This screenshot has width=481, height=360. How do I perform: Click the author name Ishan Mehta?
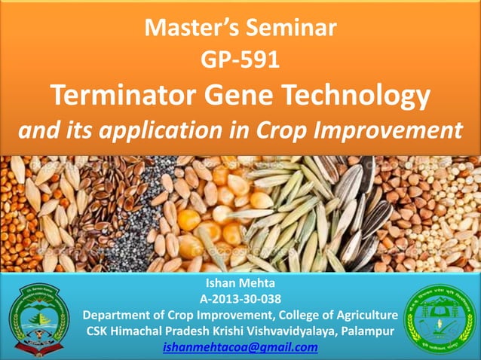point(240,285)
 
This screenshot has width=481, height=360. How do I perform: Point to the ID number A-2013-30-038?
point(240,300)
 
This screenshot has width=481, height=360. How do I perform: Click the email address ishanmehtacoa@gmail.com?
point(240,347)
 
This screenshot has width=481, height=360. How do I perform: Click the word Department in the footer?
point(121,315)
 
